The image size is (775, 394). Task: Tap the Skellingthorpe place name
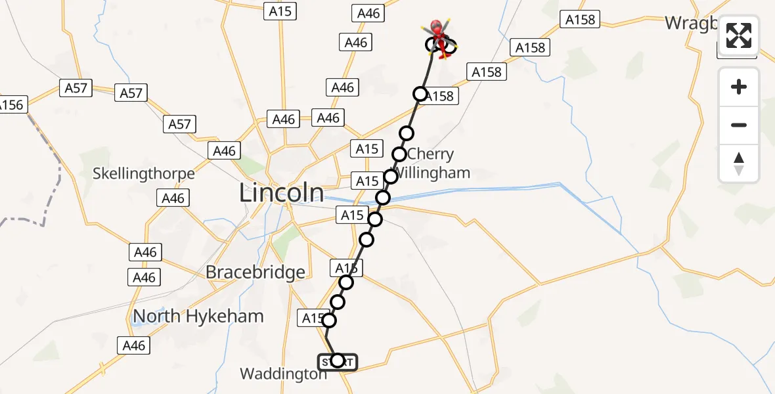[144, 173]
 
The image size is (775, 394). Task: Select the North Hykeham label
[198, 316]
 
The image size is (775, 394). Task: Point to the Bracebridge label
[255, 272]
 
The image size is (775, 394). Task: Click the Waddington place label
[283, 374]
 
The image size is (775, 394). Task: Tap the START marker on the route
[338, 361]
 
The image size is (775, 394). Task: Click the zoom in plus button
[739, 87]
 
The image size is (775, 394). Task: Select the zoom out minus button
[739, 125]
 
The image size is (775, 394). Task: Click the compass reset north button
[739, 164]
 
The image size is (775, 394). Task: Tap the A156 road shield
[11, 105]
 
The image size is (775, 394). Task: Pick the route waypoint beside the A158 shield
[420, 95]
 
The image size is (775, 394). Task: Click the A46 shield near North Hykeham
[134, 345]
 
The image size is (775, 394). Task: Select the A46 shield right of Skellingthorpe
[173, 198]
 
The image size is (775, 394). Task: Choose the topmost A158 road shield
[581, 20]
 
